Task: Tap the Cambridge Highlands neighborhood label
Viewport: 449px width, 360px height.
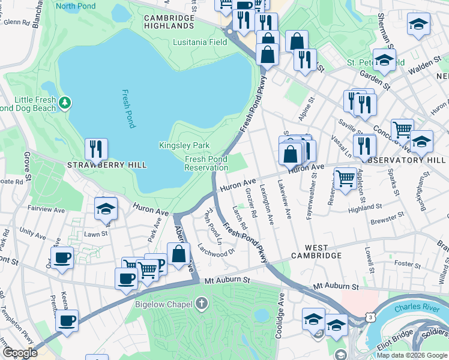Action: coord(169,22)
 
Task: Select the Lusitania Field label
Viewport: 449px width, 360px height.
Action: coord(200,43)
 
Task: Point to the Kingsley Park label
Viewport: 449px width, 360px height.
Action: coord(184,145)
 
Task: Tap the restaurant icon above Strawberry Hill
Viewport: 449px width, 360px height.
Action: coord(96,149)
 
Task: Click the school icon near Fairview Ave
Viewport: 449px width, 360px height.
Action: coord(106,208)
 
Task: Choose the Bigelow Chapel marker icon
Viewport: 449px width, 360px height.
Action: coord(201,304)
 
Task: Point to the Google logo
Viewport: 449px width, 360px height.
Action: coord(20,353)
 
